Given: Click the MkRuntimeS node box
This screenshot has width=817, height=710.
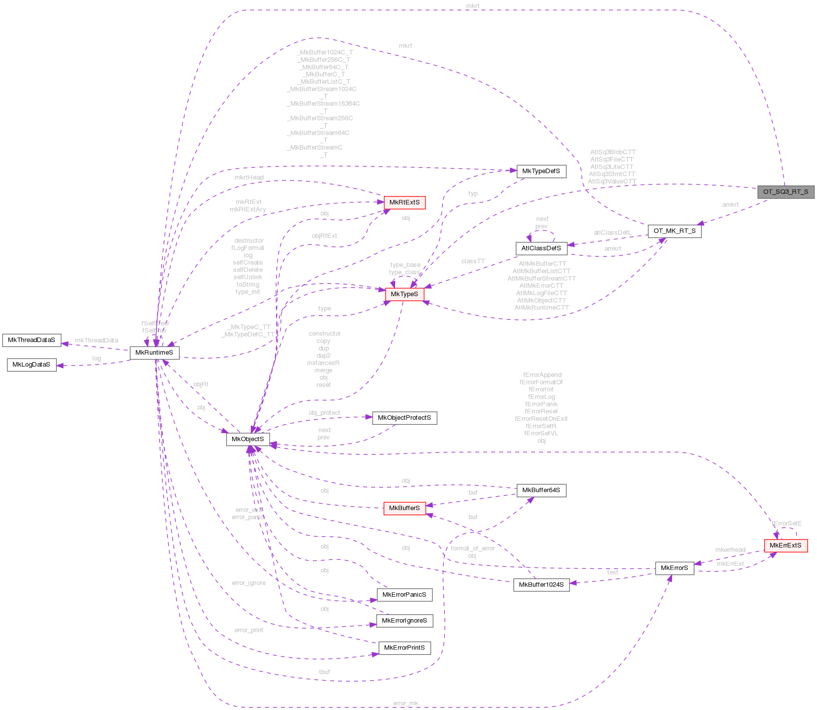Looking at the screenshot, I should click(x=154, y=353).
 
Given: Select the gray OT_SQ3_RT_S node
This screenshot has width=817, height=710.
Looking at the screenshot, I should click(x=786, y=192).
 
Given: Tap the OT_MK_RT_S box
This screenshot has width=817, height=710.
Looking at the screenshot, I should click(x=674, y=231).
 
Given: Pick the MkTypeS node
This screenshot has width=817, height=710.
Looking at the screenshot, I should click(x=404, y=294).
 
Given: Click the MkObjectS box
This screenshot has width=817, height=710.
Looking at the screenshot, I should click(x=248, y=439).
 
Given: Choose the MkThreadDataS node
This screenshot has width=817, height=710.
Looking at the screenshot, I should click(x=31, y=340).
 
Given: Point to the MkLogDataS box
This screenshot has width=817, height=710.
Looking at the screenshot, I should click(x=31, y=364).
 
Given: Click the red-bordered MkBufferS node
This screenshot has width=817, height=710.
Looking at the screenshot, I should click(x=404, y=508).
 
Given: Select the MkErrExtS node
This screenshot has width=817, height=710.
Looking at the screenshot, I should click(x=785, y=545).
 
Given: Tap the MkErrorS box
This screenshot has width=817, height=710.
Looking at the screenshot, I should click(x=674, y=568).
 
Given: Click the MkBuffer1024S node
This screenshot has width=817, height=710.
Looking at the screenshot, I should click(x=541, y=585).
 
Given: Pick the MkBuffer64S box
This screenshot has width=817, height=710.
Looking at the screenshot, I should click(x=541, y=490).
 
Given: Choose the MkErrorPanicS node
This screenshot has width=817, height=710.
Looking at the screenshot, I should click(x=404, y=595).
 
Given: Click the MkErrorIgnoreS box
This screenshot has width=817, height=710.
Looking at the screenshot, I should click(x=404, y=621).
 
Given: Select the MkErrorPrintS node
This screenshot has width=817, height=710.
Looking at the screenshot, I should click(x=404, y=648).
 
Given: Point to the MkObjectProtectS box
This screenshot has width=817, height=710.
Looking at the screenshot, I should click(x=404, y=418).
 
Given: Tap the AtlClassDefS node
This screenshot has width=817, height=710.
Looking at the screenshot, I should click(x=541, y=248).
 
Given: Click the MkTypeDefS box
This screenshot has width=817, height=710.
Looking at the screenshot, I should click(x=541, y=171).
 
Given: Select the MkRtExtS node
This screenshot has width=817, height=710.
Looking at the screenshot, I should click(x=404, y=202).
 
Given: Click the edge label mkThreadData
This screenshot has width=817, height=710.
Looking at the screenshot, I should click(x=97, y=341).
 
